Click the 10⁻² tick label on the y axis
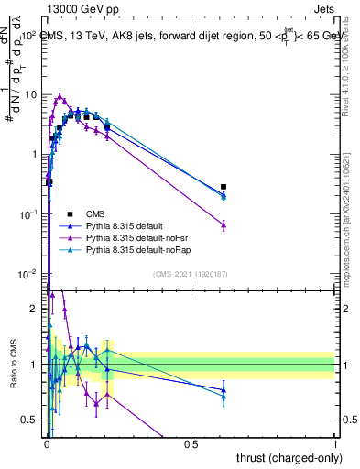click(x=28, y=274)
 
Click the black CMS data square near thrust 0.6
click(x=224, y=187)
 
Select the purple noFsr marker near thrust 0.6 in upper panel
click(x=224, y=224)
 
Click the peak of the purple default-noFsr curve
click(x=60, y=95)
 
